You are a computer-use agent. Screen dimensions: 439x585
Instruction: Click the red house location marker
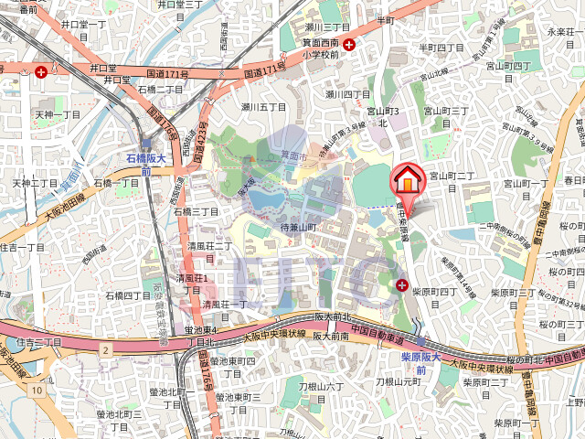pos(407,180)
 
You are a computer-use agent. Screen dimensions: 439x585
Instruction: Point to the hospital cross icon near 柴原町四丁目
pos(403,286)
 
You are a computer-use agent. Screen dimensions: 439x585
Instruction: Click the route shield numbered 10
pos(35,391)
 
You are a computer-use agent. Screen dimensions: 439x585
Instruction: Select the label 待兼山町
pos(297,226)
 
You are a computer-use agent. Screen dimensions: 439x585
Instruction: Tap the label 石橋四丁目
pos(128,295)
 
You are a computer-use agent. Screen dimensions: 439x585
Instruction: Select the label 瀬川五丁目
pos(264,107)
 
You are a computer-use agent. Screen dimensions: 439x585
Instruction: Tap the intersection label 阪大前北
pos(334,317)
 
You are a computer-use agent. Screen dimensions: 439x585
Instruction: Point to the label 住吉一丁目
pos(23,247)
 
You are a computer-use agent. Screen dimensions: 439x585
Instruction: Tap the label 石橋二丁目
pos(161,89)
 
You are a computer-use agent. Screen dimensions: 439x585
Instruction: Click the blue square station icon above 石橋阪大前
pos(146,144)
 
